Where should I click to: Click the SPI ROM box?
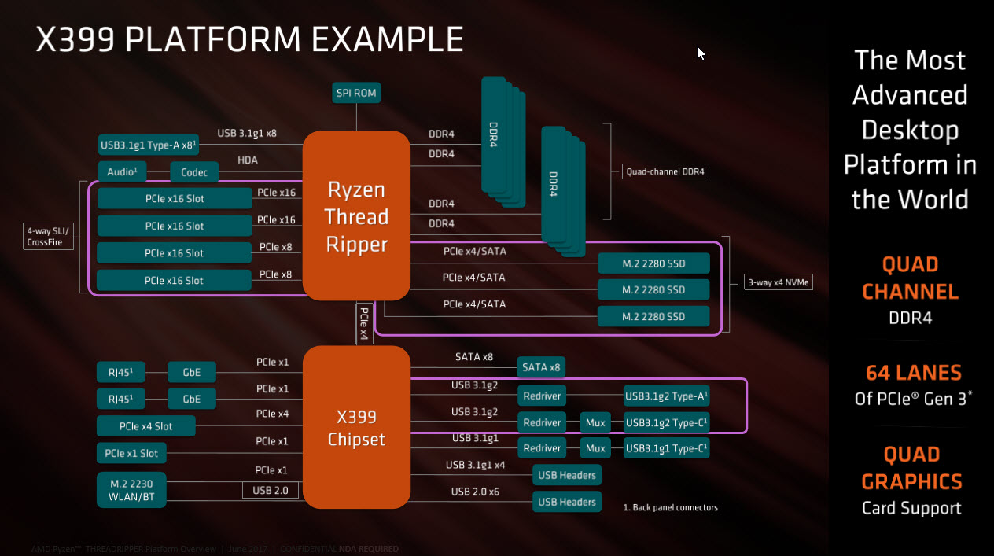click(x=356, y=93)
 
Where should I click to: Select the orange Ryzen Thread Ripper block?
click(x=356, y=215)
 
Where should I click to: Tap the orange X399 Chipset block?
click(x=356, y=427)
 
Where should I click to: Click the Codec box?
click(x=193, y=172)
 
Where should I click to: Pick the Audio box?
click(x=122, y=172)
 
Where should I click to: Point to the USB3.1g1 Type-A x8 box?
click(x=148, y=145)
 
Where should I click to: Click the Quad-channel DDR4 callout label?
click(x=664, y=171)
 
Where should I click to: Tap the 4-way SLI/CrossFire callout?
click(x=50, y=237)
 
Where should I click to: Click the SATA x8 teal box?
click(x=541, y=367)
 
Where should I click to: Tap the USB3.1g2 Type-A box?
click(x=665, y=396)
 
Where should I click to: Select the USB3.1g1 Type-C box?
click(x=665, y=448)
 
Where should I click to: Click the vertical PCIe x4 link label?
click(x=364, y=322)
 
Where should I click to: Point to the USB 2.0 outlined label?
click(x=271, y=491)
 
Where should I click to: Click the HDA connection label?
click(x=248, y=160)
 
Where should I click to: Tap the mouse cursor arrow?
click(x=700, y=53)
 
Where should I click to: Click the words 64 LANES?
click(x=914, y=372)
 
